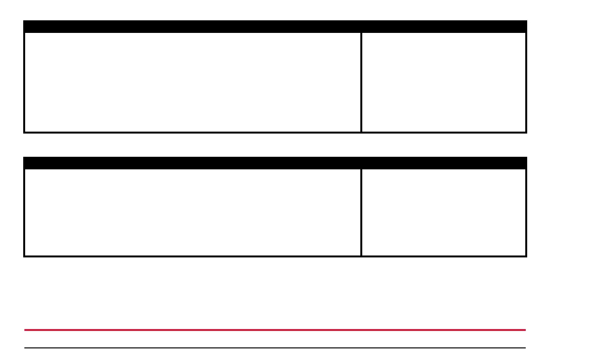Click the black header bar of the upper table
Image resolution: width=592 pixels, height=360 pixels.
(x=275, y=26)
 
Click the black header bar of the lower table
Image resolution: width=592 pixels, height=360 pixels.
(x=275, y=163)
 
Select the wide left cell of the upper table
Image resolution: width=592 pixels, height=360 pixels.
(x=192, y=82)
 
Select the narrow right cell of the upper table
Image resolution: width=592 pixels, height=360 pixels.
(x=444, y=82)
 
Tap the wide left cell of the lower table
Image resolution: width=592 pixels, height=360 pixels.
(x=192, y=212)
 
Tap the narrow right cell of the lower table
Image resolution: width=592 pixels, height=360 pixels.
(x=444, y=212)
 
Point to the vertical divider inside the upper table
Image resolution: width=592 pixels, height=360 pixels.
(x=361, y=82)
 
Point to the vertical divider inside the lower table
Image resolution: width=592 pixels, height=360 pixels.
(x=361, y=212)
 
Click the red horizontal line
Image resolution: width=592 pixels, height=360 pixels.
(x=275, y=330)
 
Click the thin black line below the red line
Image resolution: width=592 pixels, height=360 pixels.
(x=275, y=347)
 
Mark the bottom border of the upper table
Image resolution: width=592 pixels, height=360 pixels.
(x=275, y=132)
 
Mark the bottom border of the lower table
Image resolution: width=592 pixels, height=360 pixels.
(x=275, y=256)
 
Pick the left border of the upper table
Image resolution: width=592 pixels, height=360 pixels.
(x=24, y=82)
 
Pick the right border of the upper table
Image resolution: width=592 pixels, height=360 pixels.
(x=526, y=82)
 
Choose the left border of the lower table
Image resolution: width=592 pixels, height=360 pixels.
(x=24, y=212)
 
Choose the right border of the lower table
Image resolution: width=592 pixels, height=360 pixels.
(x=526, y=212)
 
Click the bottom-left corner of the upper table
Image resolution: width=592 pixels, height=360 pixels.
(x=24, y=132)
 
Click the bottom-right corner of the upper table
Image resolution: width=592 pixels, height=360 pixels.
(x=526, y=132)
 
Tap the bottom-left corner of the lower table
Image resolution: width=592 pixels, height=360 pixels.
(x=24, y=256)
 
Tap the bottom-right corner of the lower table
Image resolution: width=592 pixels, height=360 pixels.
(x=526, y=256)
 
